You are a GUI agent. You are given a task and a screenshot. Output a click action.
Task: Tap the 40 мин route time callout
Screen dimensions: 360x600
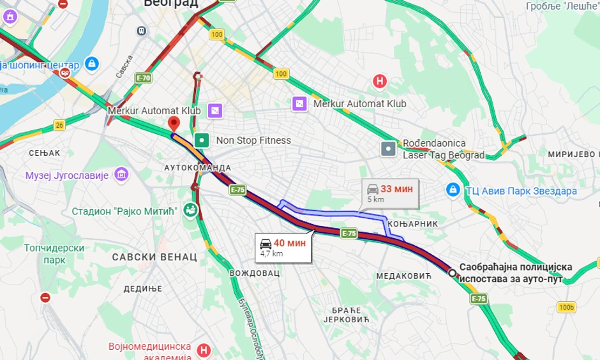click(x=282, y=246)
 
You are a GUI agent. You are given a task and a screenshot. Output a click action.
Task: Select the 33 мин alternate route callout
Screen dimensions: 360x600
click(x=389, y=193)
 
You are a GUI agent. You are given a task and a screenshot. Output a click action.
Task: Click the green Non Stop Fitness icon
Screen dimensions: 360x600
click(x=202, y=140)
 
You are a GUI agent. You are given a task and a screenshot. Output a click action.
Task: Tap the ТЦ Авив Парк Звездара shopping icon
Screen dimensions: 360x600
click(x=453, y=190)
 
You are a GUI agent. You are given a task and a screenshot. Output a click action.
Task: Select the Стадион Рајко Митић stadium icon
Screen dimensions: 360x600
click(x=190, y=210)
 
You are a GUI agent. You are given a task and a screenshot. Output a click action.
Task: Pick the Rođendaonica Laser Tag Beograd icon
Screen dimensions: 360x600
click(x=388, y=149)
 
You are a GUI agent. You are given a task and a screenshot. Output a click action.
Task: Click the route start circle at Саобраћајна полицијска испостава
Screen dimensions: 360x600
click(x=452, y=273)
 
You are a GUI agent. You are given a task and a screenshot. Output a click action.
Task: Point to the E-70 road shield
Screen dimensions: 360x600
click(x=143, y=78)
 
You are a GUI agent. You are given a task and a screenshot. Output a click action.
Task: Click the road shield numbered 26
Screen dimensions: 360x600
click(x=59, y=124)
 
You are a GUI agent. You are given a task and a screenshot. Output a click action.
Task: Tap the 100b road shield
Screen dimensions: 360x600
click(x=566, y=307)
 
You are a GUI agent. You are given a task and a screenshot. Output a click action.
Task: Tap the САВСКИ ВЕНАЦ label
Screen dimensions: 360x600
click(x=154, y=257)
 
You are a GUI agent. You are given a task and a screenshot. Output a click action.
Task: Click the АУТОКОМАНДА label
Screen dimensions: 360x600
click(x=197, y=167)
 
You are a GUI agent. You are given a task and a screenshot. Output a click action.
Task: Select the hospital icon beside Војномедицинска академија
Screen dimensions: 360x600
click(x=204, y=350)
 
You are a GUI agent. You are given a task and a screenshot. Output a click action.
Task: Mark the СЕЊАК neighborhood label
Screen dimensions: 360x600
click(x=44, y=153)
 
